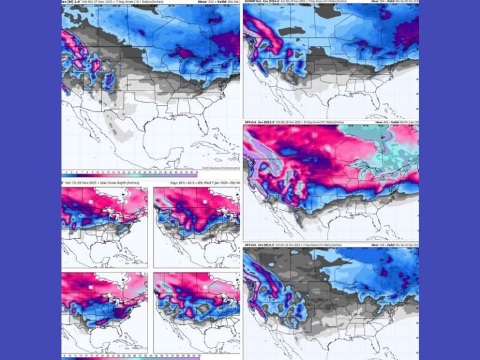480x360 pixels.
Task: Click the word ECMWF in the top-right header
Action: tap(252, 2)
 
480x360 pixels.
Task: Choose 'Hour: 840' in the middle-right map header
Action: tap(383, 122)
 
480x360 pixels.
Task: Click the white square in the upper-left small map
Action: tap(91, 203)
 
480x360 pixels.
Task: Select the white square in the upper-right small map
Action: tap(206, 203)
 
